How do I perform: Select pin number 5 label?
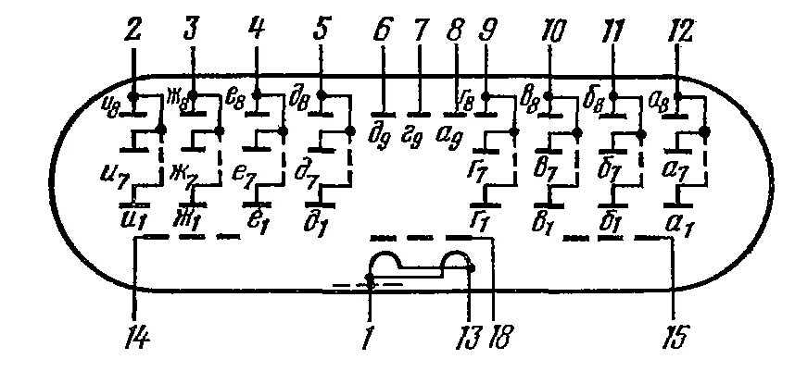tap(321, 31)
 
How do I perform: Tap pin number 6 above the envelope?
tap(381, 31)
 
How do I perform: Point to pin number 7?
tap(419, 31)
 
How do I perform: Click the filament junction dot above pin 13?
tap(470, 267)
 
